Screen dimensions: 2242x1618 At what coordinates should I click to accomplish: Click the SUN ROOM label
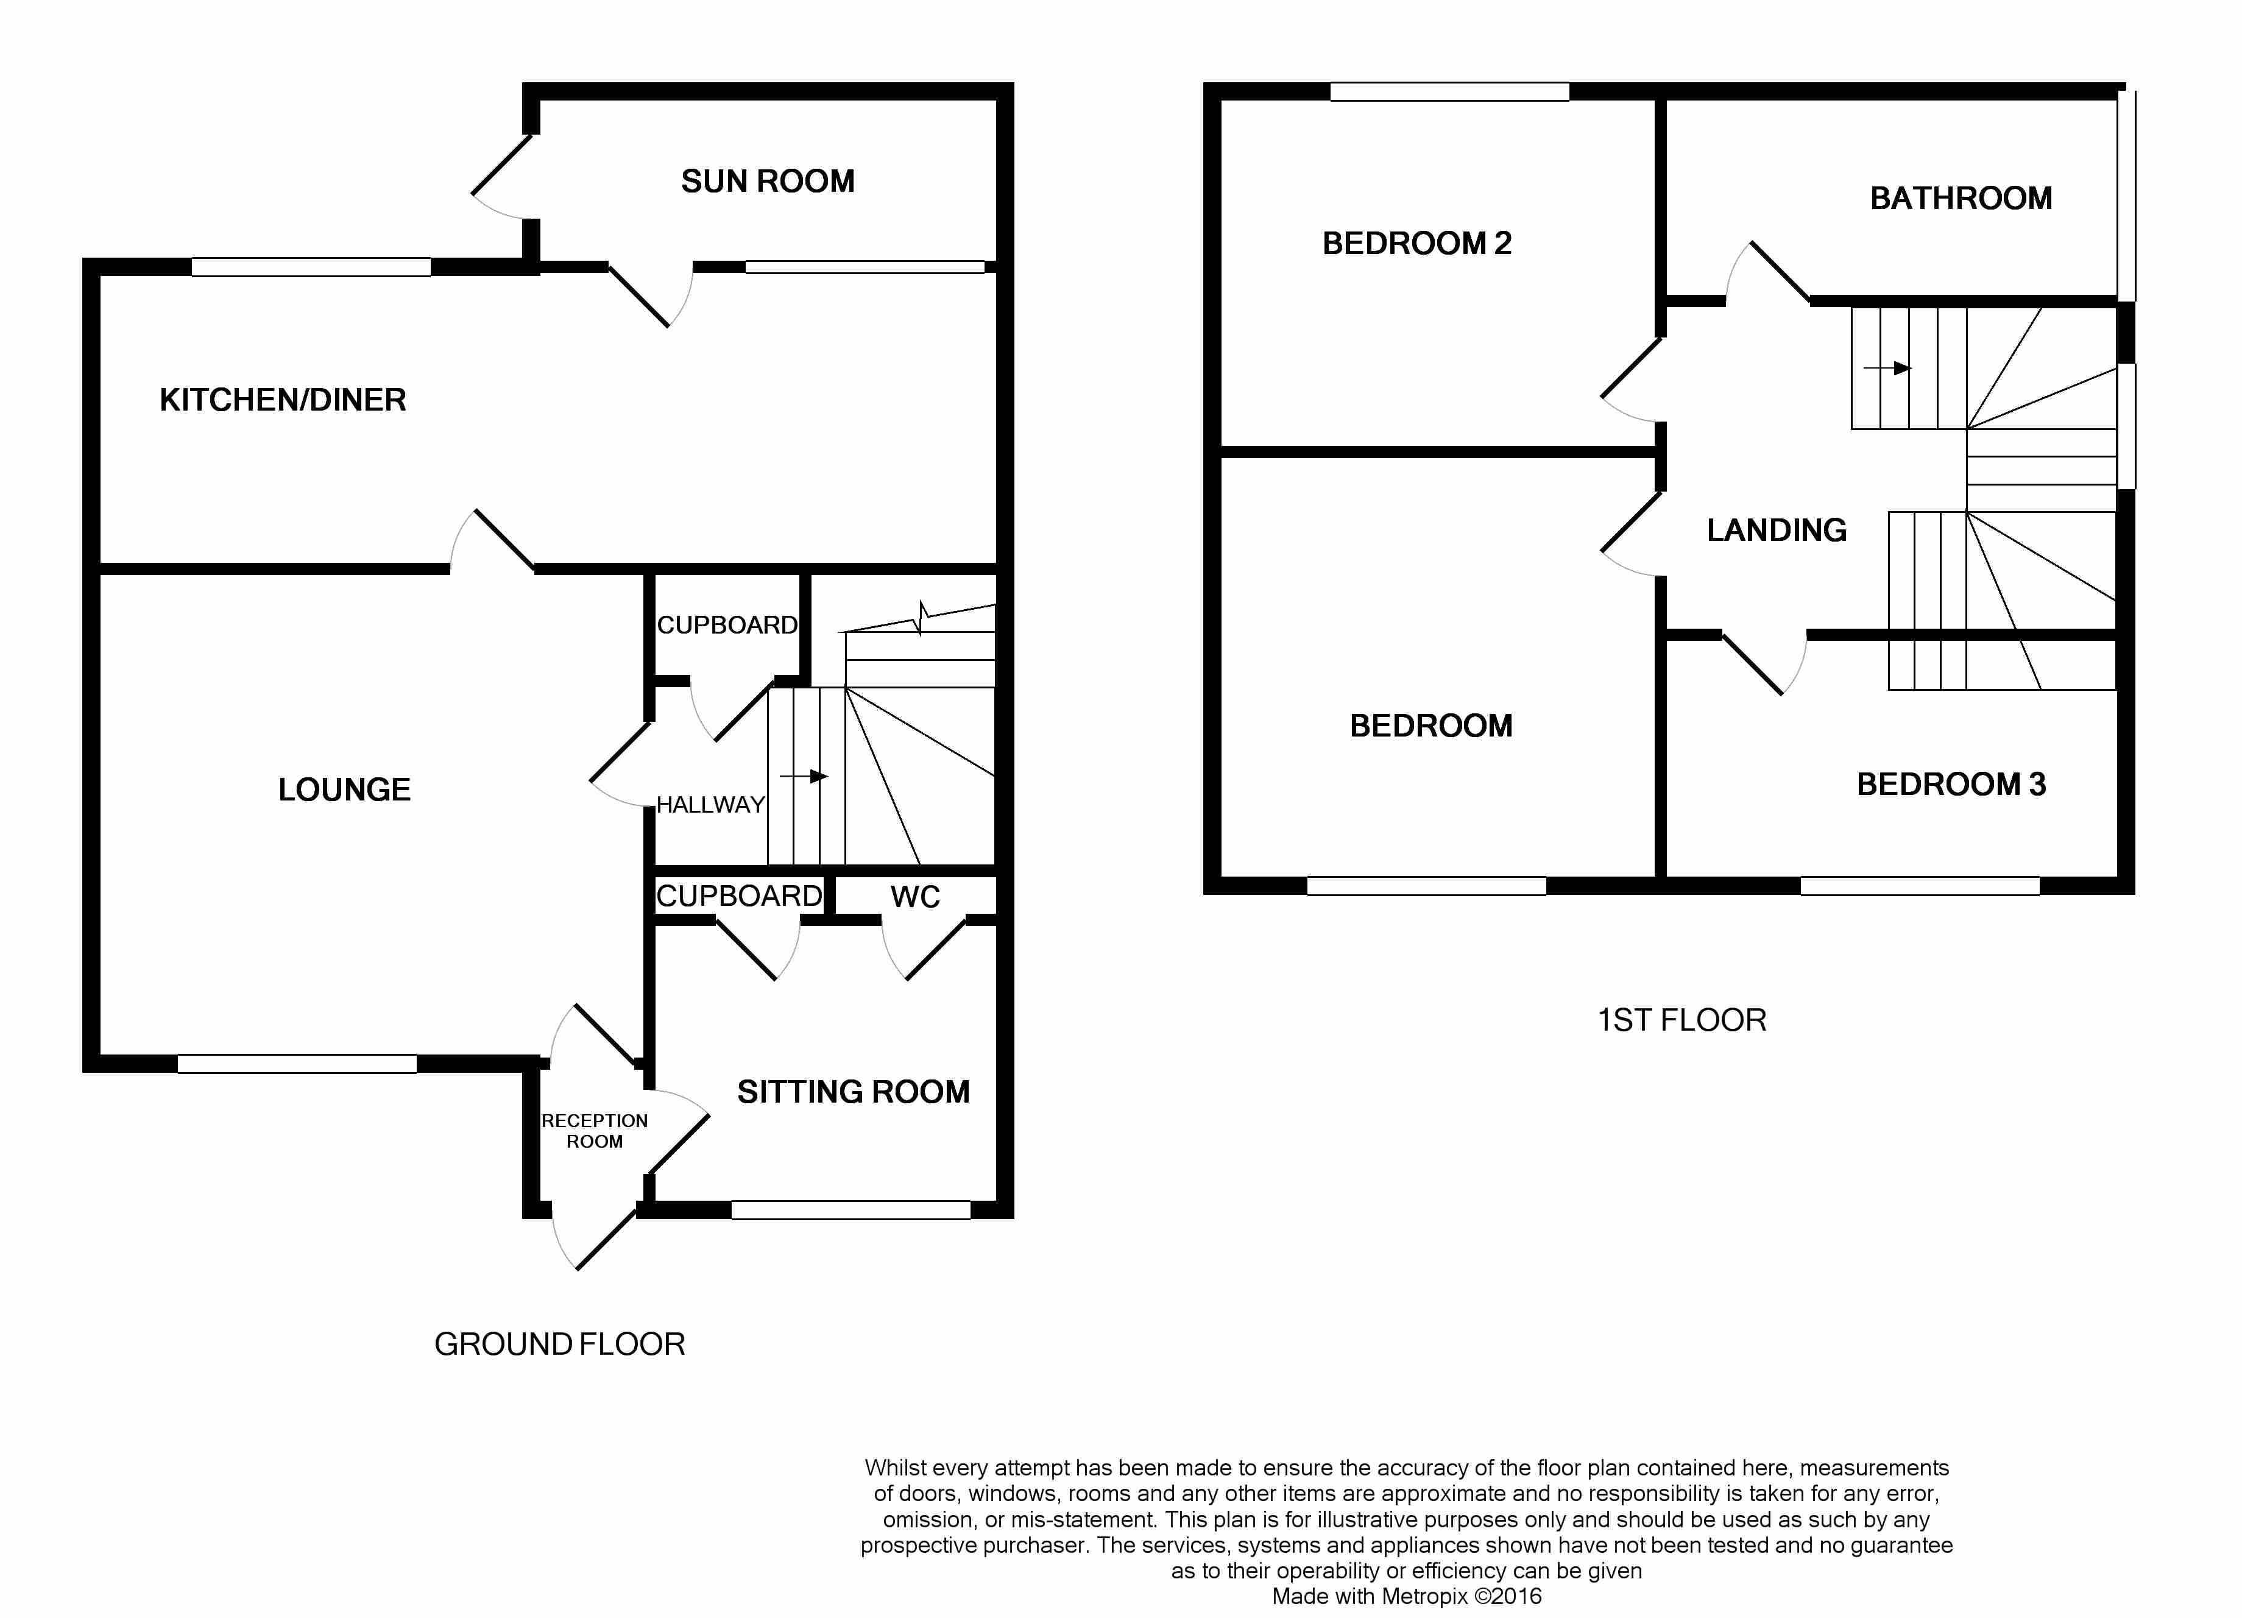coord(767,182)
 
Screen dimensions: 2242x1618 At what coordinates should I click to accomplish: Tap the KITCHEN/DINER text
coord(283,400)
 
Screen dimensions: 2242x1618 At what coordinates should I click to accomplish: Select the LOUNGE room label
coord(344,790)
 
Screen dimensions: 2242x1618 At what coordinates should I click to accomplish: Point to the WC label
coord(914,897)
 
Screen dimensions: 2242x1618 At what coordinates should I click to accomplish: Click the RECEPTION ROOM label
coord(594,1131)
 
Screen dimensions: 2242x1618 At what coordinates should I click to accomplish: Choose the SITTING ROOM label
coord(853,1092)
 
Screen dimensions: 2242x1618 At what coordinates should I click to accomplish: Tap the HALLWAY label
coord(710,805)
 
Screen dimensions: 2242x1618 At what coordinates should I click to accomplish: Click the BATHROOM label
coord(1961,199)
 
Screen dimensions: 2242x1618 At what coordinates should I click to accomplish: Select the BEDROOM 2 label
coord(1416,243)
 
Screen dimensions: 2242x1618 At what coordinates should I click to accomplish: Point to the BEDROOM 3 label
coord(1950,785)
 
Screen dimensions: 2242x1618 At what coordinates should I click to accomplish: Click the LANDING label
coord(1777,531)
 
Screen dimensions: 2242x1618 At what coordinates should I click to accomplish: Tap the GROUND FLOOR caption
coord(559,1344)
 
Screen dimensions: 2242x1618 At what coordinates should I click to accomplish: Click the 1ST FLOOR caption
coord(1681,1020)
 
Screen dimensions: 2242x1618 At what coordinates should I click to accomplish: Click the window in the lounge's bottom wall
coord(297,1064)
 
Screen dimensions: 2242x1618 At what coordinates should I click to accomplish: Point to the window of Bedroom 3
coord(1918,886)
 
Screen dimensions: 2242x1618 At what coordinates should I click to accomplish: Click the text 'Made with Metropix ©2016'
coord(1406,1596)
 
